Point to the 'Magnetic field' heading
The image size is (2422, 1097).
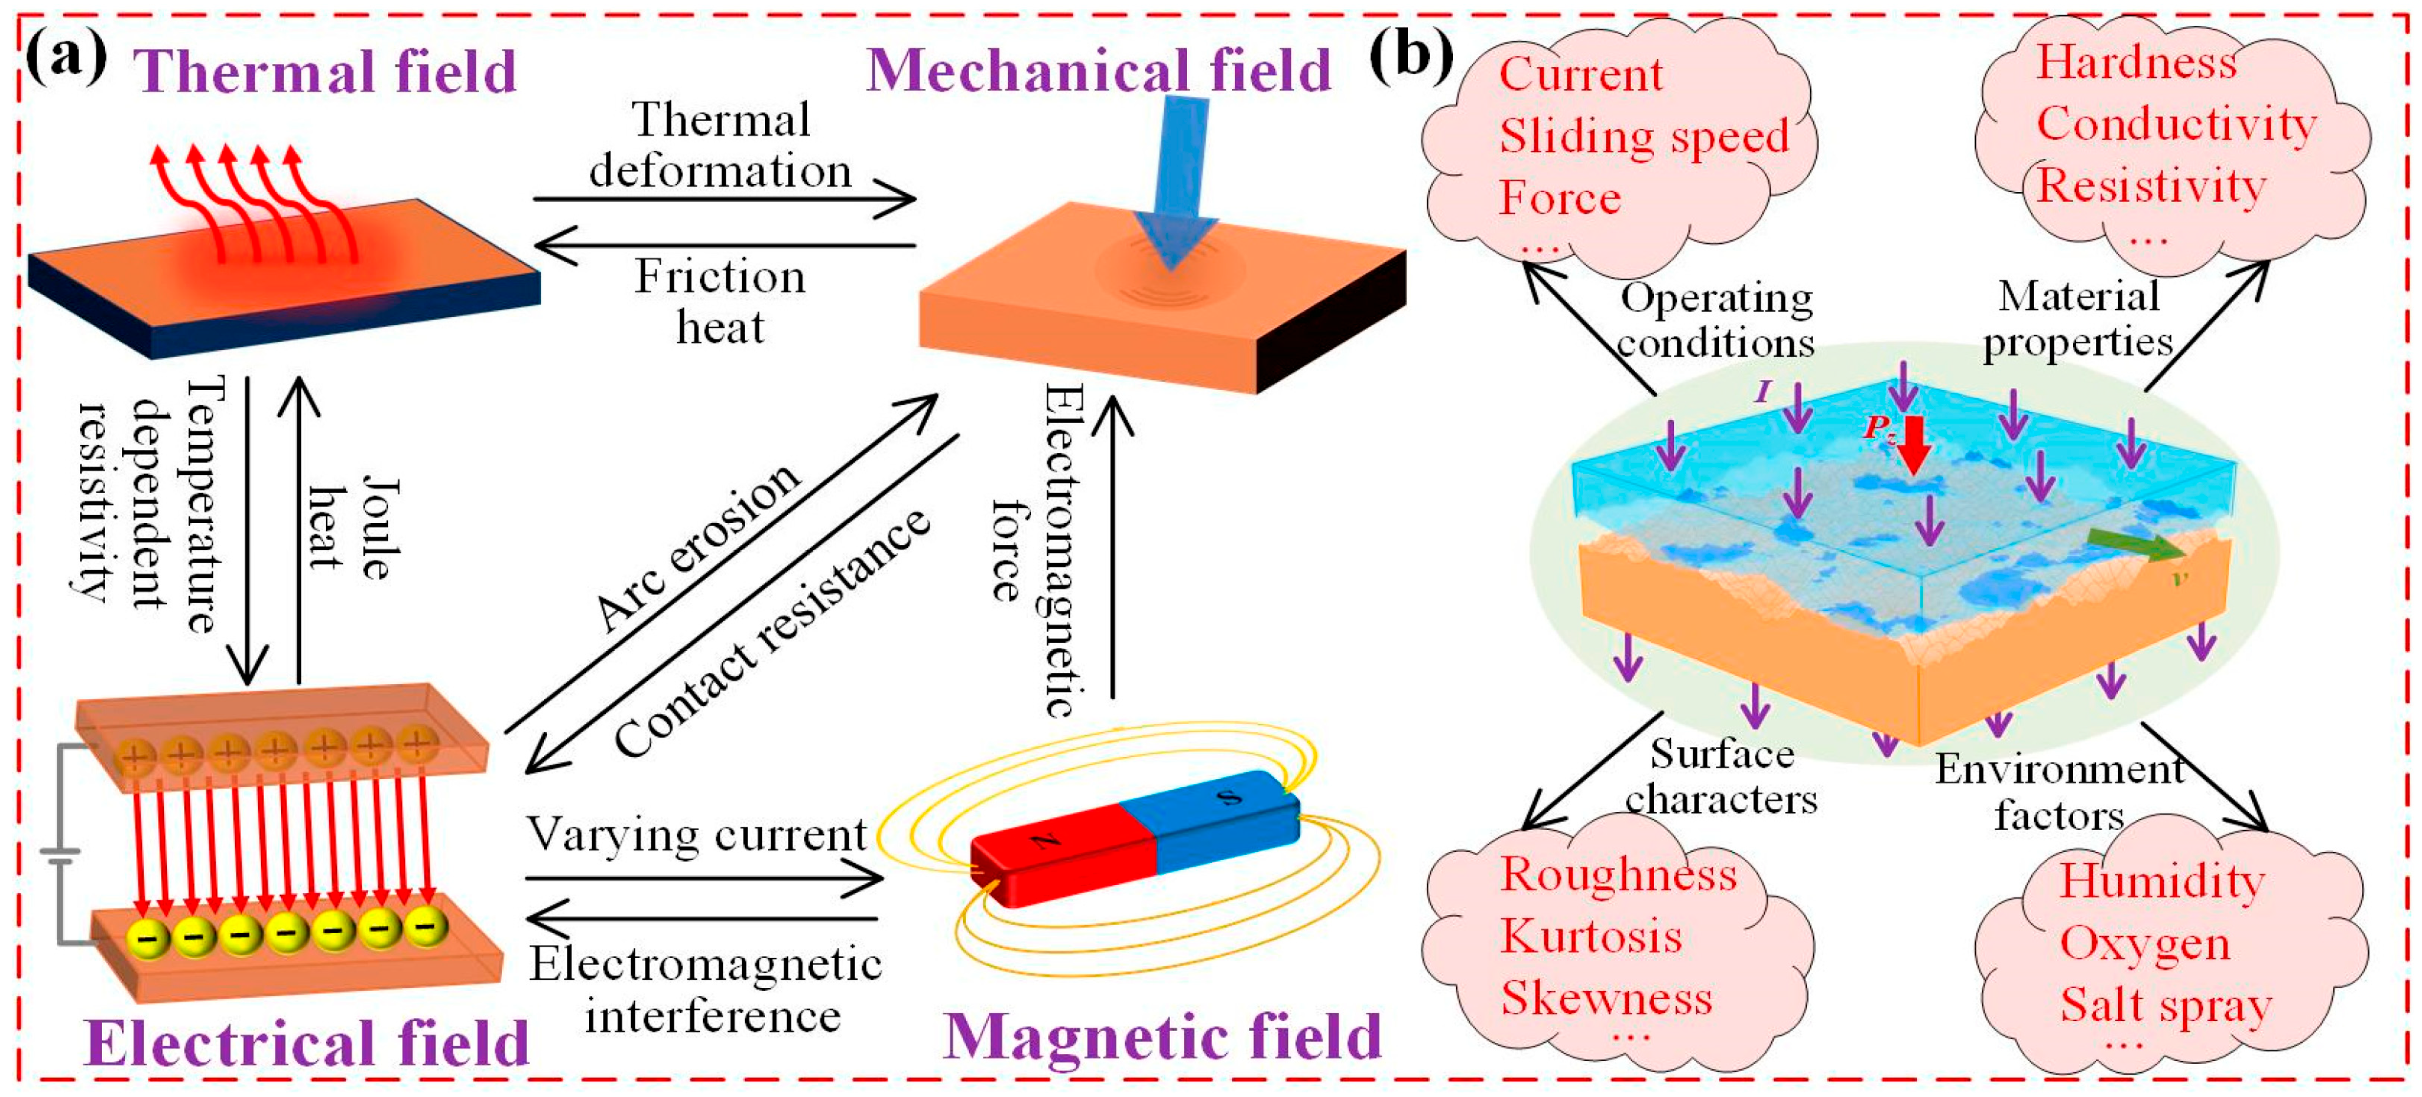coord(1162,1037)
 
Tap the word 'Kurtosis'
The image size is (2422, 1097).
coord(1591,936)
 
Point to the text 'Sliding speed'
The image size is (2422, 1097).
coord(1643,136)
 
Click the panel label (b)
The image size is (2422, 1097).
coord(1411,57)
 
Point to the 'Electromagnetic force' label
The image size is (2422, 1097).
coord(1039,550)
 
